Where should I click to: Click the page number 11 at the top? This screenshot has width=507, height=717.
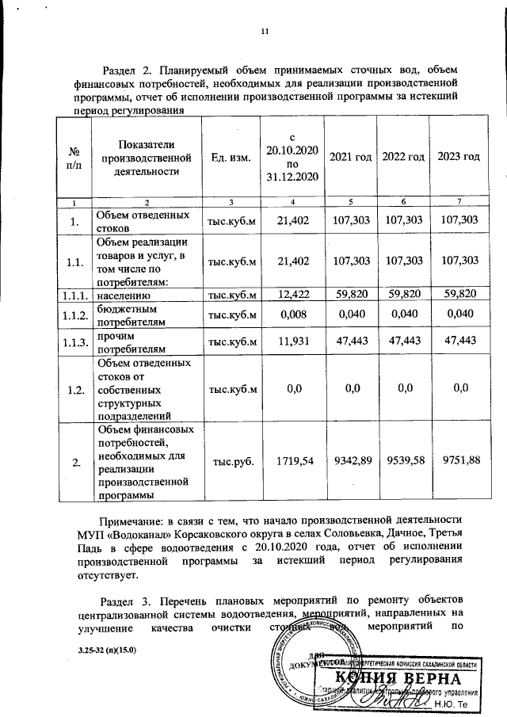point(265,32)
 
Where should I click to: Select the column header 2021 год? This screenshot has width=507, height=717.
point(350,157)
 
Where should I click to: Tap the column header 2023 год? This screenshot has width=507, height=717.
point(459,157)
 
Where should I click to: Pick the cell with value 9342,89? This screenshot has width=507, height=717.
point(350,461)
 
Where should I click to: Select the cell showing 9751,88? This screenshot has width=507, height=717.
point(459,461)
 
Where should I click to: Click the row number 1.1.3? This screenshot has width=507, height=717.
point(74,341)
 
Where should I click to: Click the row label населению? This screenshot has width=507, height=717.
point(123,296)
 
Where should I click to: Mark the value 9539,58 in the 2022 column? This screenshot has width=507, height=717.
point(404,461)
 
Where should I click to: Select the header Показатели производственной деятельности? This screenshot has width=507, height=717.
point(142,157)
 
